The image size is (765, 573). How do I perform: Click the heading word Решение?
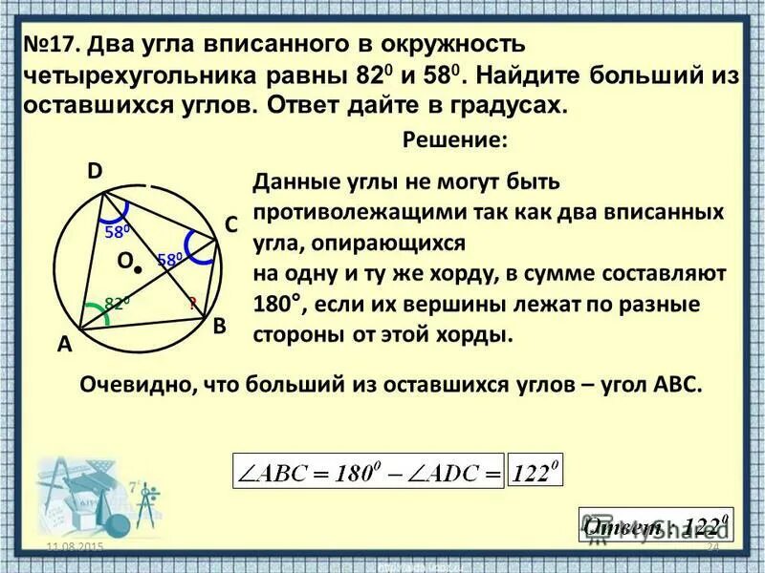point(453,139)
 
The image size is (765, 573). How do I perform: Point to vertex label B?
point(219,326)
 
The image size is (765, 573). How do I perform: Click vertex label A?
point(64,348)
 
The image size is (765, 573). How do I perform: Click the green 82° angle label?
point(117,303)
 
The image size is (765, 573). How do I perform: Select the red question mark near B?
point(191,303)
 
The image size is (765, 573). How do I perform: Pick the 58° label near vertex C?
point(169,260)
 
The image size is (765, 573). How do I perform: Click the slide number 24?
point(711,545)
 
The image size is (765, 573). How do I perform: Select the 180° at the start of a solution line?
point(278,307)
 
